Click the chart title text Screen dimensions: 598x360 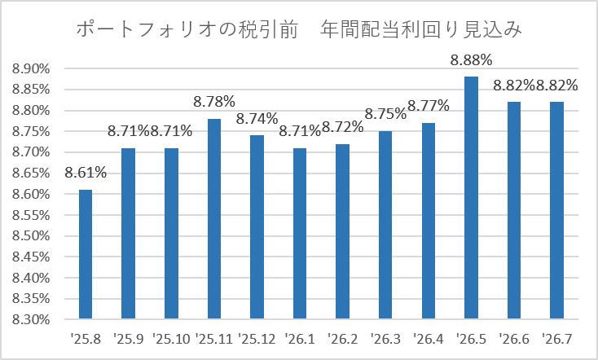click(299, 29)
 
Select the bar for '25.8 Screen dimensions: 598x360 click(86, 254)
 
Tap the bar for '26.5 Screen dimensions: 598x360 click(471, 198)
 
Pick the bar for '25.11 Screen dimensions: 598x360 click(214, 218)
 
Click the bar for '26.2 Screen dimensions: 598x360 click(342, 231)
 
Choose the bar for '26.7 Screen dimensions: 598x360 click(556, 210)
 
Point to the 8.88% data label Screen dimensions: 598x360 click(471, 60)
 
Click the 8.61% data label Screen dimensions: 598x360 click(86, 173)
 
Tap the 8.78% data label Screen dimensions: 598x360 click(214, 102)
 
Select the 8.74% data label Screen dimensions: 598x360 click(257, 119)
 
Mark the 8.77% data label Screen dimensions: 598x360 click(429, 106)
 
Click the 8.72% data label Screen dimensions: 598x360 click(342, 127)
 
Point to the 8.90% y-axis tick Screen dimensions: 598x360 click(31, 69)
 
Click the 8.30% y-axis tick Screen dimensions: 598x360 click(31, 319)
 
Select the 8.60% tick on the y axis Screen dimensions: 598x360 click(31, 194)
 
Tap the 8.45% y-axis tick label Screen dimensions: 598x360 click(31, 257)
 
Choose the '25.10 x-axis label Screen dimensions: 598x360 click(171, 339)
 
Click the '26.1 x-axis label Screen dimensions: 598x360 click(300, 339)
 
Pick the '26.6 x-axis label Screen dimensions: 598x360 click(514, 339)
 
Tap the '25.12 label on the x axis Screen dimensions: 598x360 click(257, 339)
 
